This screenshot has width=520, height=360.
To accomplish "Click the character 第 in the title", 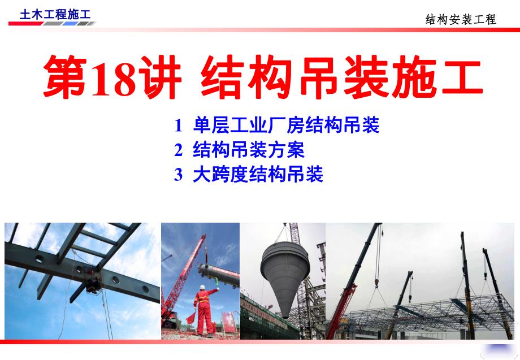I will (x=66, y=77).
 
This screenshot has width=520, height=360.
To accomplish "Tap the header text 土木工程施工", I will (x=55, y=15).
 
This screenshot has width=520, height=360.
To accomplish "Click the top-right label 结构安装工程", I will (x=460, y=19).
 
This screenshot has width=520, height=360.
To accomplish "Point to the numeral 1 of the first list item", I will (x=179, y=125).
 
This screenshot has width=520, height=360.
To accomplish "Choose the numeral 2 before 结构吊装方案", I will (x=179, y=150).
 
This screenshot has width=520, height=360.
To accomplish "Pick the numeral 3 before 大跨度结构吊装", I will (x=179, y=175).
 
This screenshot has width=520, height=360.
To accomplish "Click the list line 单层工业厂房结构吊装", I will (x=285, y=125).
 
